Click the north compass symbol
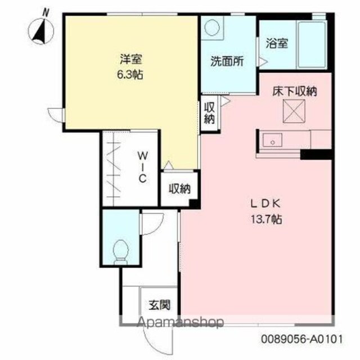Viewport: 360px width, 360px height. (41, 31)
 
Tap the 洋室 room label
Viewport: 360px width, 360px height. (130, 59)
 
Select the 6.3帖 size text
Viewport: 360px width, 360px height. (130, 75)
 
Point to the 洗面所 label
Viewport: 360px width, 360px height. (227, 61)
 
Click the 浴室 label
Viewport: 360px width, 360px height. (277, 43)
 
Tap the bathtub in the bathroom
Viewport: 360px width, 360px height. (312, 44)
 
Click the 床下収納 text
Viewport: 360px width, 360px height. (295, 91)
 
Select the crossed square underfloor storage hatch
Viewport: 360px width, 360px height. (294, 111)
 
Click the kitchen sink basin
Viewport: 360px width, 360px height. (272, 141)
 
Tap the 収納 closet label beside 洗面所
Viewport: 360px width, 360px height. (209, 112)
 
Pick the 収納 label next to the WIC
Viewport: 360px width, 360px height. (180, 189)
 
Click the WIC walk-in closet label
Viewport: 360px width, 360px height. (142, 167)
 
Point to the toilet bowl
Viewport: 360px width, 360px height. (121, 252)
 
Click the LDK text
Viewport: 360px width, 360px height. (265, 204)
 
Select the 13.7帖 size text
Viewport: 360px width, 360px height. (266, 220)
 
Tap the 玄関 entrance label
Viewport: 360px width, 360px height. (160, 305)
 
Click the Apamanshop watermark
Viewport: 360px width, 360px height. (180, 322)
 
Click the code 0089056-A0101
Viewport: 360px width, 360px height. (301, 339)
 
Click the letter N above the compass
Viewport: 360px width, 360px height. (46, 13)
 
